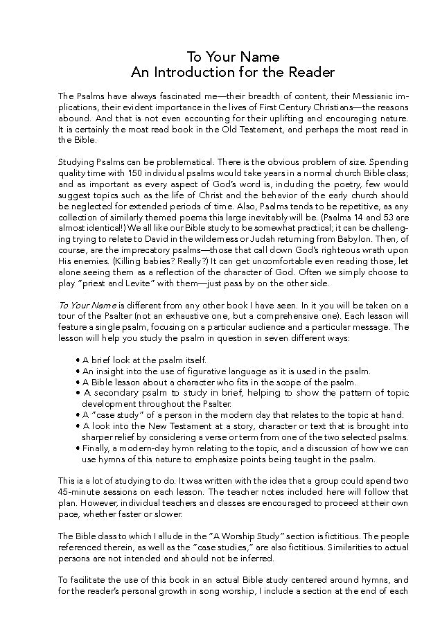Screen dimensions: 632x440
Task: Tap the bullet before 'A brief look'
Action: (x=78, y=360)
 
